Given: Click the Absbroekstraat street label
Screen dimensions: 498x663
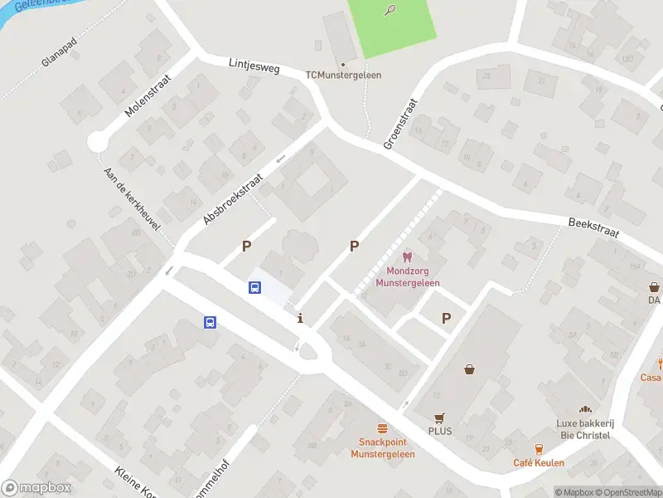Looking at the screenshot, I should pyautogui.click(x=233, y=198).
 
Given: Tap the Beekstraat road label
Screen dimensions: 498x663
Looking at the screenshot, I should pyautogui.click(x=594, y=227).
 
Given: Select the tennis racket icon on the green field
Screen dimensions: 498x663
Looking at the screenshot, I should pyautogui.click(x=390, y=10).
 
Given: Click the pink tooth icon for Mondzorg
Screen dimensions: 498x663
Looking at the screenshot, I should pyautogui.click(x=406, y=258).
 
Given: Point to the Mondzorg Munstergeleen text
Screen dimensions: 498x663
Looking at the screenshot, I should pyautogui.click(x=407, y=277).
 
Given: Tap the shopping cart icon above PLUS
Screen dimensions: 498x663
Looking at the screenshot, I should pyautogui.click(x=439, y=418).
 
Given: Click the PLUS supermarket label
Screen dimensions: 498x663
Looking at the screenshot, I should pyautogui.click(x=439, y=432).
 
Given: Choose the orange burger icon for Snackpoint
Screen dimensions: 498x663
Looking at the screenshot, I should pyautogui.click(x=382, y=429).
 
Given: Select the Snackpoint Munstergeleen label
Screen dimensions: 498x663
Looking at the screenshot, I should pyautogui.click(x=382, y=448).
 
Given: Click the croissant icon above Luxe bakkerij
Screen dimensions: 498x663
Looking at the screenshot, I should pyautogui.click(x=584, y=410).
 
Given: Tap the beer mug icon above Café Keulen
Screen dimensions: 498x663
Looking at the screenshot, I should pyautogui.click(x=539, y=450).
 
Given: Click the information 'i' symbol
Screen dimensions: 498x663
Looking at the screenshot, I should pyautogui.click(x=300, y=318).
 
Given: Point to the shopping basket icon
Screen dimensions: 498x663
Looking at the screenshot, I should pyautogui.click(x=470, y=370).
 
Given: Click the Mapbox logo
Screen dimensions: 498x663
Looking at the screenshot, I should pyautogui.click(x=36, y=488).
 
